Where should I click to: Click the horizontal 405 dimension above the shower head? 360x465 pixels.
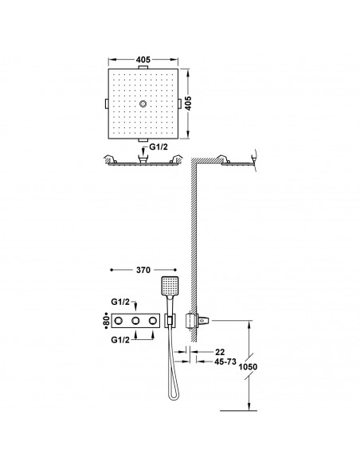(143, 60)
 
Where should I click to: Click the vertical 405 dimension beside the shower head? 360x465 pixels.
(188, 104)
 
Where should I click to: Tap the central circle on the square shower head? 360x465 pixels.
(143, 104)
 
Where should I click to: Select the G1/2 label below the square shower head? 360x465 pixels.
(158, 147)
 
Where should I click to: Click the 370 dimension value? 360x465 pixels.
(143, 270)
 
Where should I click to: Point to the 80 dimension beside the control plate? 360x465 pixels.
(107, 321)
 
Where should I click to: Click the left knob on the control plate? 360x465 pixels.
(119, 321)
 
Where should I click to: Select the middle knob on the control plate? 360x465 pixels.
(135, 321)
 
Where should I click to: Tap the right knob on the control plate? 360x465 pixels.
(153, 321)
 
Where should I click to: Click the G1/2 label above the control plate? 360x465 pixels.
(120, 303)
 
